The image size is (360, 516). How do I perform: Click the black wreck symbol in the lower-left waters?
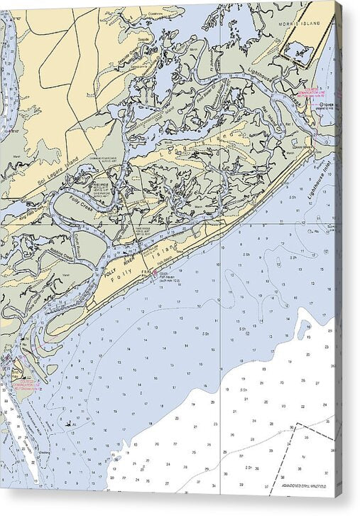[68, 424]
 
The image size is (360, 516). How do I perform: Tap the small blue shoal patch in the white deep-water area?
[306, 329]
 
